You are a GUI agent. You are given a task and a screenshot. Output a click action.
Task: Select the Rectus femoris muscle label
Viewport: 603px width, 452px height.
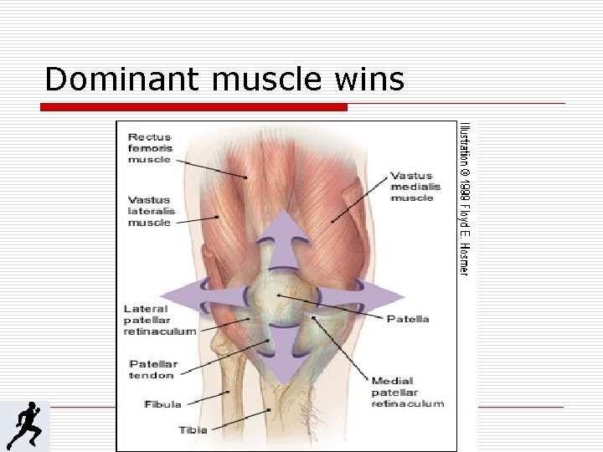[150, 146]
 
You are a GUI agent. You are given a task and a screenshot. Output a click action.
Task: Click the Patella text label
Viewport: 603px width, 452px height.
[409, 319]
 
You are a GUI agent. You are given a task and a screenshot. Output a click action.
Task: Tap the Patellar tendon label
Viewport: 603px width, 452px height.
[153, 369]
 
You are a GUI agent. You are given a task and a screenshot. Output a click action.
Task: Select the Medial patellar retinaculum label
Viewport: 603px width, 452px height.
[407, 392]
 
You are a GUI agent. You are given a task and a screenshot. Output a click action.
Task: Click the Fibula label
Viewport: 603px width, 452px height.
[162, 404]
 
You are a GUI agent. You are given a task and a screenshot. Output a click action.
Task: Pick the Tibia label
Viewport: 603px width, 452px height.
[192, 430]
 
